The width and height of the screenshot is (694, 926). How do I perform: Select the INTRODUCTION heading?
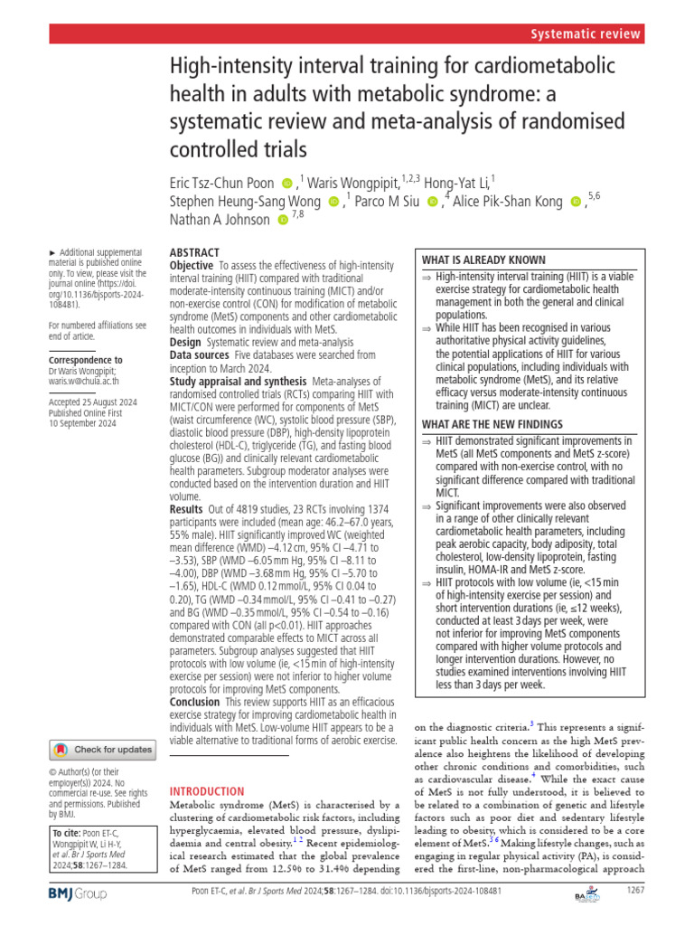tap(208, 790)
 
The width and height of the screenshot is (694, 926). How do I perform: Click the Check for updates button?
tap(101, 749)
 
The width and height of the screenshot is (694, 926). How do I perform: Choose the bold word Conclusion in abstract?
tap(195, 701)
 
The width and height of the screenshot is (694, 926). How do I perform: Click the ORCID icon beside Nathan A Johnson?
tap(284, 220)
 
